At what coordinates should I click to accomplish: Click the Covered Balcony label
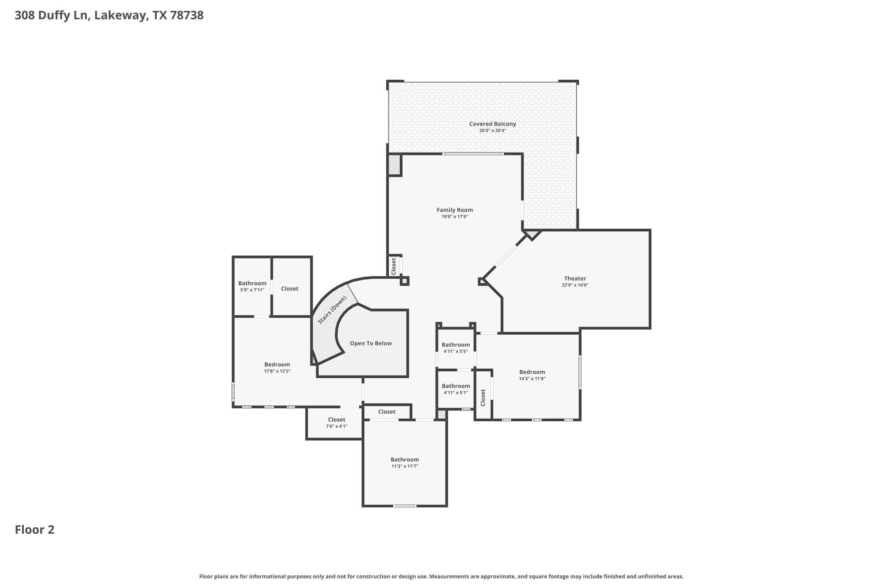pyautogui.click(x=492, y=124)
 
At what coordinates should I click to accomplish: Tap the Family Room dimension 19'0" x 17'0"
pyautogui.click(x=454, y=217)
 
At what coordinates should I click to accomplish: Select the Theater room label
pyautogui.click(x=575, y=279)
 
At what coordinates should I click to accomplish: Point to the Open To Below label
pyautogui.click(x=370, y=343)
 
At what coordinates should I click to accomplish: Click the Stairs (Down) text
pyautogui.click(x=332, y=310)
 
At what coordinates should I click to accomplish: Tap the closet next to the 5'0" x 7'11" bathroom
pyautogui.click(x=289, y=289)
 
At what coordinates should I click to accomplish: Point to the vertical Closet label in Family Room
pyautogui.click(x=393, y=266)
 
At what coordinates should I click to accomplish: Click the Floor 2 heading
pyautogui.click(x=34, y=530)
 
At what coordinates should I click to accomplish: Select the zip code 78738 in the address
pyautogui.click(x=186, y=16)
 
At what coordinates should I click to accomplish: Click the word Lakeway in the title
pyautogui.click(x=120, y=16)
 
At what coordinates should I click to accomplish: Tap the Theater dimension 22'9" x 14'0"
pyautogui.click(x=575, y=285)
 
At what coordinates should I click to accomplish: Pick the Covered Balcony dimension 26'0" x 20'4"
pyautogui.click(x=492, y=131)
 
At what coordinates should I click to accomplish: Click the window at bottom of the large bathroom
pyautogui.click(x=404, y=506)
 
